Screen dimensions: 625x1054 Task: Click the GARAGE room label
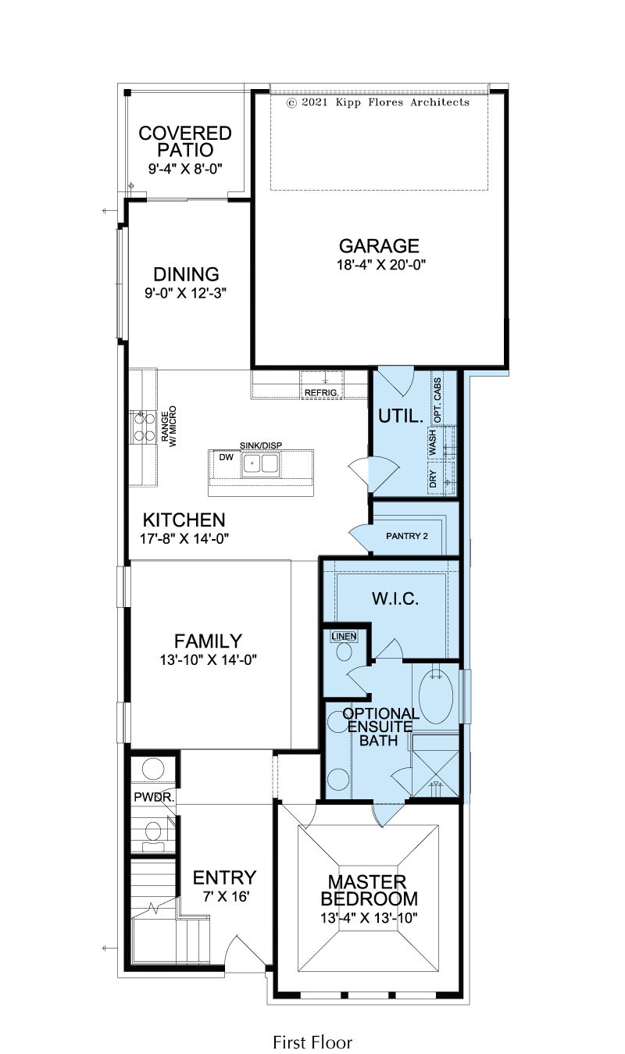click(x=379, y=246)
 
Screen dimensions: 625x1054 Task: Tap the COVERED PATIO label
click(x=185, y=141)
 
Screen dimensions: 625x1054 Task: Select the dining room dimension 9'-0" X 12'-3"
click(x=185, y=293)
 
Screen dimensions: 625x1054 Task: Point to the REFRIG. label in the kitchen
click(x=321, y=392)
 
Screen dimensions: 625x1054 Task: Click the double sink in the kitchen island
click(x=260, y=463)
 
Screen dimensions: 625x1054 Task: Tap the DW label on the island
click(x=226, y=457)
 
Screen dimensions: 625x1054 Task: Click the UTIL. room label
click(x=401, y=416)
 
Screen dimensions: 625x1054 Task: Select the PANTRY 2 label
click(x=406, y=536)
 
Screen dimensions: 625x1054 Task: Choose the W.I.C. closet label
click(x=395, y=598)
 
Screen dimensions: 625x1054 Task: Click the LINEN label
click(x=344, y=636)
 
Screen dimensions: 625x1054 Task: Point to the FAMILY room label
click(x=208, y=641)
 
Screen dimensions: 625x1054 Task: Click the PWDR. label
click(x=155, y=798)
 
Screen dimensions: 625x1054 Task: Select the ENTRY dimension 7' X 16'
click(x=226, y=896)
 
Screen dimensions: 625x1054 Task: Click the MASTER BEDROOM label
click(x=370, y=890)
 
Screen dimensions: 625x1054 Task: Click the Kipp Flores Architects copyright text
click(x=378, y=102)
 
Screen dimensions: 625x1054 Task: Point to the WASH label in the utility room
click(x=433, y=442)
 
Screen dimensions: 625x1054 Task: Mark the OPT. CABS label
click(x=437, y=400)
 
